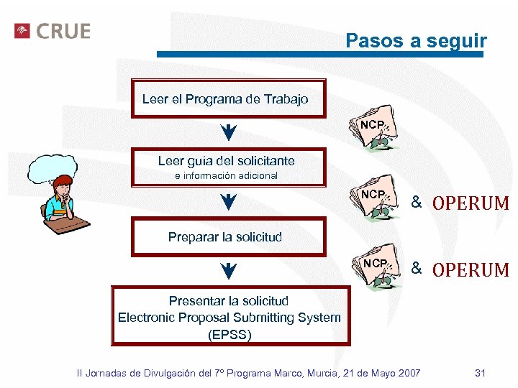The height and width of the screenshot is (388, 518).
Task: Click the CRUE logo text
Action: (x=63, y=32)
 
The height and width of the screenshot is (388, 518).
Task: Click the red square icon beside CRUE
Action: (x=22, y=32)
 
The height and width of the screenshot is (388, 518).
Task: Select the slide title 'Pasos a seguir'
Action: (x=416, y=41)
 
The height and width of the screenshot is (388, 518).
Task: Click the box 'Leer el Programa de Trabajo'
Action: (x=225, y=99)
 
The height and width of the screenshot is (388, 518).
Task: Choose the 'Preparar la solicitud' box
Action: (x=224, y=236)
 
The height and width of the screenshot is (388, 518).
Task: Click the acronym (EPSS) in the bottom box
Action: (x=230, y=335)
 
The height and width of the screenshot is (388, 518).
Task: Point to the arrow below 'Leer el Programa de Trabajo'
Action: (x=227, y=133)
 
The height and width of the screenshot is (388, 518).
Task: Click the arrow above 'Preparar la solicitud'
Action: (x=227, y=201)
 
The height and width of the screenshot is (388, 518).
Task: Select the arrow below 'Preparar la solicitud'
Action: (x=227, y=271)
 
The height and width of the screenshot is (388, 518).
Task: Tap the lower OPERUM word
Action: (x=470, y=270)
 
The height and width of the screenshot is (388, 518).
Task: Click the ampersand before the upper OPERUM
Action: (x=416, y=202)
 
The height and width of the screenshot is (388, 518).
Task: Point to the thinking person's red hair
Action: (x=63, y=181)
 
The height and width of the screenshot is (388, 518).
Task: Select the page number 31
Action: (x=481, y=373)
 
